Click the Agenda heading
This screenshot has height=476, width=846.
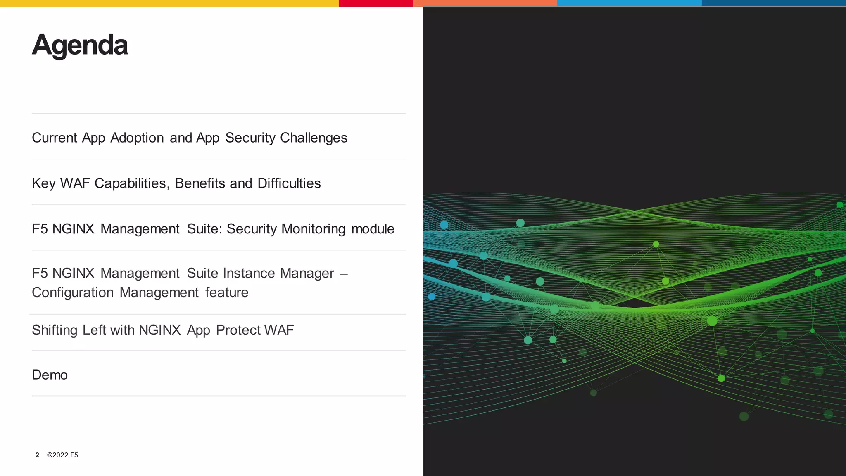click(80, 45)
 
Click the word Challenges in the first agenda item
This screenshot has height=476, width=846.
click(314, 138)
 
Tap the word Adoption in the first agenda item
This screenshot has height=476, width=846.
click(137, 138)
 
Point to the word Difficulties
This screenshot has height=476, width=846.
click(289, 183)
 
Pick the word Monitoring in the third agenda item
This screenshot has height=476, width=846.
click(313, 229)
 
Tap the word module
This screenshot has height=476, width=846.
click(373, 229)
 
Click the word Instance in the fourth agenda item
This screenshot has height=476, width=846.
click(249, 273)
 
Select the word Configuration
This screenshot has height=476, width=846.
click(73, 293)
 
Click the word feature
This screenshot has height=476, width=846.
click(227, 293)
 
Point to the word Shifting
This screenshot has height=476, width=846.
click(55, 330)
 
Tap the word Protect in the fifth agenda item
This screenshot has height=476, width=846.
click(238, 330)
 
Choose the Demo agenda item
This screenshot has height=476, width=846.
click(50, 375)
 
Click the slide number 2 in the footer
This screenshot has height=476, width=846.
click(37, 455)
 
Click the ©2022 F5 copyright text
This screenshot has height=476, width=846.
click(62, 455)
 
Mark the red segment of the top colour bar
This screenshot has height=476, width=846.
click(376, 3)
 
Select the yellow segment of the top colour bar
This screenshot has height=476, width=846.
click(169, 3)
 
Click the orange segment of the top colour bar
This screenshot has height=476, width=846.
click(485, 3)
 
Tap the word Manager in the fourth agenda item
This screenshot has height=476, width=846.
click(307, 273)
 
